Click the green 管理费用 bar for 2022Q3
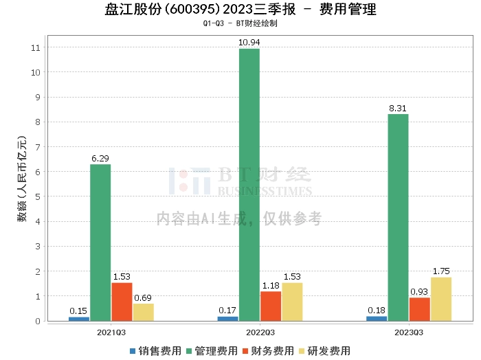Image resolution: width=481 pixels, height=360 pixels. [x=249, y=185]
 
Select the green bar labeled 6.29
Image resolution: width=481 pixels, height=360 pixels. [x=100, y=243]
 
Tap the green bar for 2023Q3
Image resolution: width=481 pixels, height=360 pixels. [x=398, y=217]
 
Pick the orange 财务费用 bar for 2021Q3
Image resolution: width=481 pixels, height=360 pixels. [x=122, y=302]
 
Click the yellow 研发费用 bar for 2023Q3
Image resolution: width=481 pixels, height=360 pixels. [x=441, y=299]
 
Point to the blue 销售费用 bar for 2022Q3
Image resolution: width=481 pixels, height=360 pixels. [x=227, y=319]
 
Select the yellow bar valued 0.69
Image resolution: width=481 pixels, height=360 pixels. [x=143, y=312]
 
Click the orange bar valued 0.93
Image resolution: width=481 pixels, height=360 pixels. [x=420, y=309]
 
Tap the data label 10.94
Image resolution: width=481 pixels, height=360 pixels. [x=249, y=43]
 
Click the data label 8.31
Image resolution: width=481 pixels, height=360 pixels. [x=398, y=109]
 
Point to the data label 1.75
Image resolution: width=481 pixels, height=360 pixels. [x=441, y=271]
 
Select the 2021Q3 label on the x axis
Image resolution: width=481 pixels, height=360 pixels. [x=111, y=333]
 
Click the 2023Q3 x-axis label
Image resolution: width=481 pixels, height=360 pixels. [x=409, y=333]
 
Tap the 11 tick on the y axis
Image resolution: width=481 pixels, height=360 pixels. [x=36, y=47]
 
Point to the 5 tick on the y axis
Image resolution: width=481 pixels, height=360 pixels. [x=38, y=196]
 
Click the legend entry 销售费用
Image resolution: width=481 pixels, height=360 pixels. [x=155, y=351]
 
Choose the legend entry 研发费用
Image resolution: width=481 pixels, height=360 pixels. [x=324, y=351]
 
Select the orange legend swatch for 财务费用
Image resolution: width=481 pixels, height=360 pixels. [x=245, y=351]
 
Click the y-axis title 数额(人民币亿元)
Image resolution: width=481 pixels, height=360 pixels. [x=22, y=179]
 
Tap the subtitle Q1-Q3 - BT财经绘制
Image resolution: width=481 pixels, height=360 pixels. [x=240, y=23]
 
